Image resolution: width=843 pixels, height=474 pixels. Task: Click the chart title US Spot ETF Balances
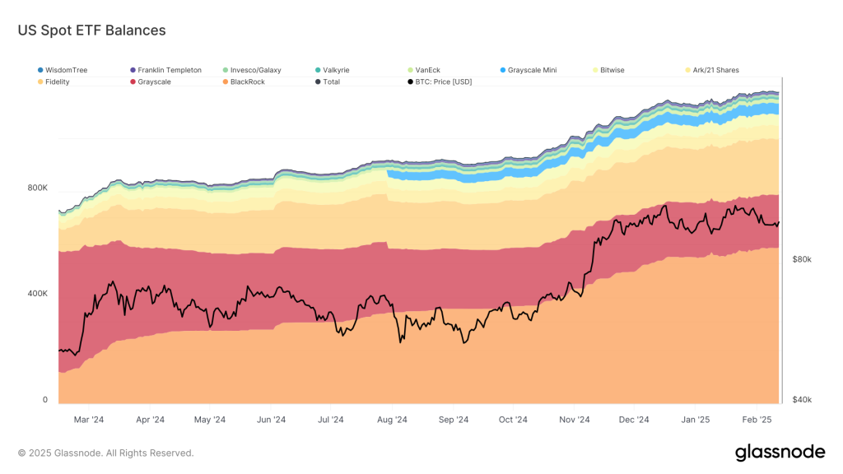pos(91,30)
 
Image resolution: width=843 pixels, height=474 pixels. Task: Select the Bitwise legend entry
pos(612,71)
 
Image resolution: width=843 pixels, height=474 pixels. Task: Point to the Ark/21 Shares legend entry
pos(715,71)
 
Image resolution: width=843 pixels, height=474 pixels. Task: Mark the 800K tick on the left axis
pos(38,188)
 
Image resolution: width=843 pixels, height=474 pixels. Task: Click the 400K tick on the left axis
pos(38,294)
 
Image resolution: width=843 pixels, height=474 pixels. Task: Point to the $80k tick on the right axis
pos(802,259)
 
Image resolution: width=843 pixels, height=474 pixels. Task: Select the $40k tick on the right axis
pos(802,400)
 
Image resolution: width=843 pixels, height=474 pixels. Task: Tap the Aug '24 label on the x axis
pos(392,420)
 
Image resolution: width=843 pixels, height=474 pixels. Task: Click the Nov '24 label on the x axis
pos(574,420)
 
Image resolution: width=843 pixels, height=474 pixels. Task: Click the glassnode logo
pos(779,452)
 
